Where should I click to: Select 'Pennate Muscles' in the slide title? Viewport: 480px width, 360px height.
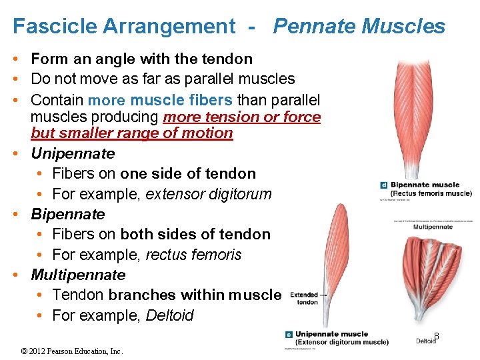[359, 27]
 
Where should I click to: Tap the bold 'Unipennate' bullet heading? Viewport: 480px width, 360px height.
[73, 153]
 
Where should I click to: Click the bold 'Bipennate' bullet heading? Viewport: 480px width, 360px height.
[68, 214]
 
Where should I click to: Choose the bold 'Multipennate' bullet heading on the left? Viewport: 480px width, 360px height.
[78, 275]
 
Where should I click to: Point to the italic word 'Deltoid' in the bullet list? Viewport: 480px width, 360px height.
[170, 315]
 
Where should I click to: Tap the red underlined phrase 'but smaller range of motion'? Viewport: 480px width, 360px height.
[132, 133]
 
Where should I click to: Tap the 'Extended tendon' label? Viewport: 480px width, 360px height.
[304, 298]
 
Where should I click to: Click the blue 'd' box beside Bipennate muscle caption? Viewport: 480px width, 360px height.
[383, 185]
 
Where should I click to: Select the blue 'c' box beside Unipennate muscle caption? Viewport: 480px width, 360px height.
[289, 335]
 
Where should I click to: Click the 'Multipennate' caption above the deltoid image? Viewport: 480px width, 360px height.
[433, 227]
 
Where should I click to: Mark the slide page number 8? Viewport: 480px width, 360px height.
[437, 336]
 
